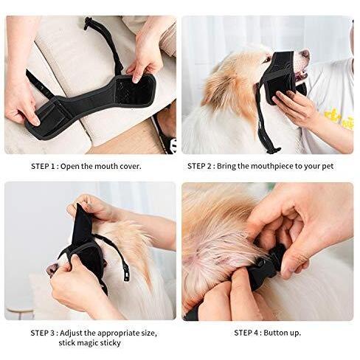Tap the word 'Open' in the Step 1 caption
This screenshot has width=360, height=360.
(79, 167)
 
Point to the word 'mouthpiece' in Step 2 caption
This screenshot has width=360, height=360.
(264, 167)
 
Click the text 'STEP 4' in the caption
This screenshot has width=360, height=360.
(249, 333)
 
